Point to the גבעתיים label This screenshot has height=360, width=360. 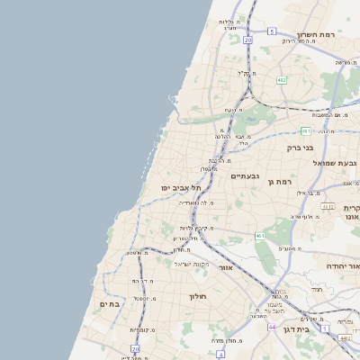click(245, 176)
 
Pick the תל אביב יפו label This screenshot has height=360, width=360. click(179, 187)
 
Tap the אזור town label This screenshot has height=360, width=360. click(226, 268)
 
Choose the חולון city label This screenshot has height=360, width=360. click(198, 296)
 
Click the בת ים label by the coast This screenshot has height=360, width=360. click(110, 304)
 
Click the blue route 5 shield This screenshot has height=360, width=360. click(271, 31)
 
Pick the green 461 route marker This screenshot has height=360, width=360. click(259, 236)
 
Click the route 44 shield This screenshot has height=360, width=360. click(271, 327)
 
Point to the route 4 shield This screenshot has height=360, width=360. click(220, 355)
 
